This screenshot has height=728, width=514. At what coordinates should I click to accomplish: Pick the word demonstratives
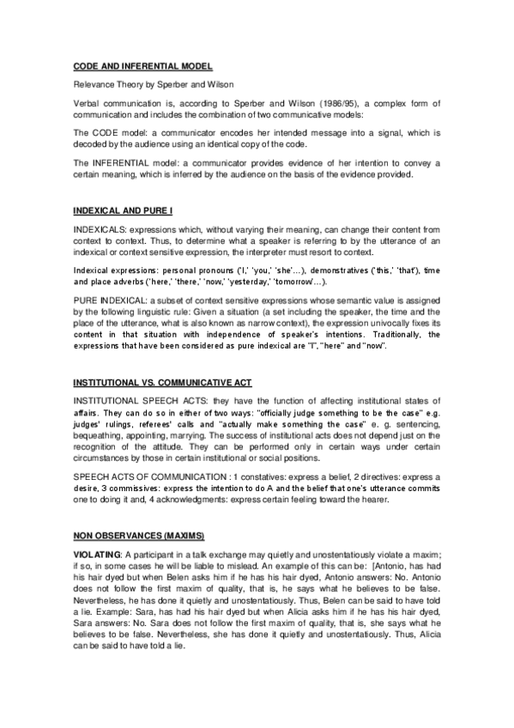click(x=323, y=270)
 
